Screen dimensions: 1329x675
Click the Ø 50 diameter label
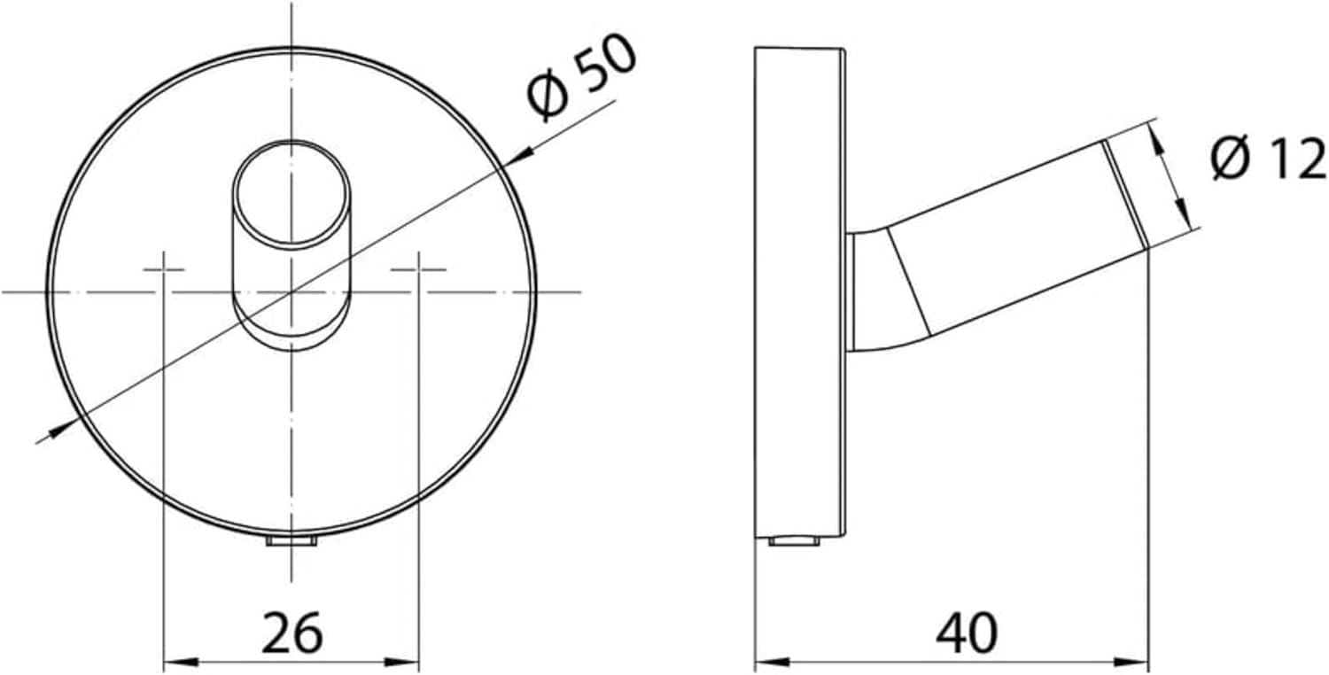click(581, 77)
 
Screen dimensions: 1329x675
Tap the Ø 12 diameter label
click(1269, 159)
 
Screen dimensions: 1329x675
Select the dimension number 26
click(291, 632)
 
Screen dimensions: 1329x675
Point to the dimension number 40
click(968, 632)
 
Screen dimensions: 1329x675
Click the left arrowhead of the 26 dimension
click(181, 663)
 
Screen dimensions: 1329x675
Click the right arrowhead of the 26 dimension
click(401, 663)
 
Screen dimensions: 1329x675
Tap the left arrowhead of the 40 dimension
click(773, 663)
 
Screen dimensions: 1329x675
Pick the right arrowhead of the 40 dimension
click(1132, 663)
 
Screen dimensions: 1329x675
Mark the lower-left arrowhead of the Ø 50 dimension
click(62, 428)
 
